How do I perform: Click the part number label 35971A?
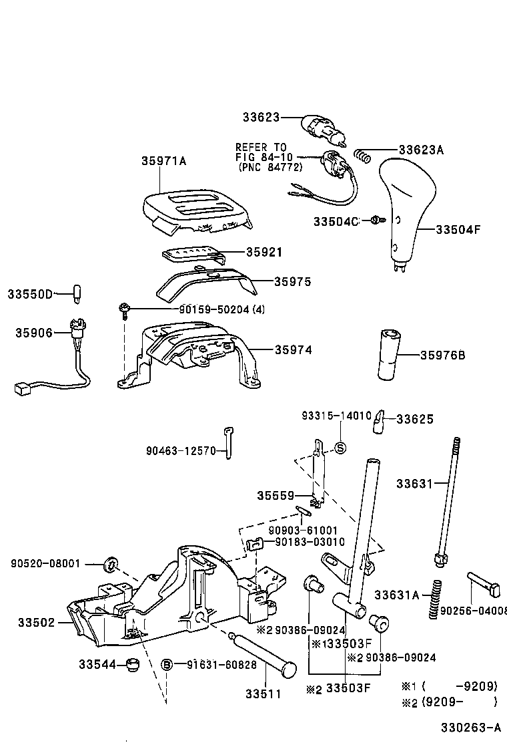point(163,161)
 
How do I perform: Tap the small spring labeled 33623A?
point(362,156)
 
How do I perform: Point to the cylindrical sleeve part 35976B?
point(389,355)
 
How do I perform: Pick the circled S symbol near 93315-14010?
point(339,448)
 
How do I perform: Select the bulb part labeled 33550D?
point(77,293)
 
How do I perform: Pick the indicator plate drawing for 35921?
point(190,255)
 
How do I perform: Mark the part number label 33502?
point(37,621)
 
